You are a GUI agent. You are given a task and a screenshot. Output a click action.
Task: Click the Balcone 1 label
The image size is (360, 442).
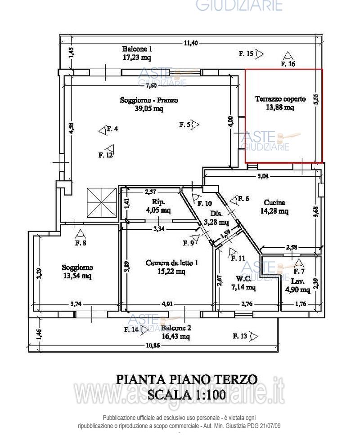137,49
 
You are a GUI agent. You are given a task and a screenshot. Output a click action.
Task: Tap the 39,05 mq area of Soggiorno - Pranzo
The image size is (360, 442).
148,108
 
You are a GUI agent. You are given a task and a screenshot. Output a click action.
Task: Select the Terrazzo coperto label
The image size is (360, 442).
280,99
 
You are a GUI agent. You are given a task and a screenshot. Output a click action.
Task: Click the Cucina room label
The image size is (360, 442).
274,202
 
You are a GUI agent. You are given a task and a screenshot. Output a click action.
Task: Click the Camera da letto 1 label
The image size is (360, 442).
172,263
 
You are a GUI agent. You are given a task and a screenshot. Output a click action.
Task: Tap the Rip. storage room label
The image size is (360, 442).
158,202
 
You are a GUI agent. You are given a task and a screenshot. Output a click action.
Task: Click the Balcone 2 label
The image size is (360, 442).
176,328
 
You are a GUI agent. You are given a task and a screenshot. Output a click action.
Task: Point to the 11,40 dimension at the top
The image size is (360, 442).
190,43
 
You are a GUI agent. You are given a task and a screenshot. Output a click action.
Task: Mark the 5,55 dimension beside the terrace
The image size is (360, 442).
316,100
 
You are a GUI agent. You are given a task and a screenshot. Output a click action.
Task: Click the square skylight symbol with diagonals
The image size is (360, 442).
101,202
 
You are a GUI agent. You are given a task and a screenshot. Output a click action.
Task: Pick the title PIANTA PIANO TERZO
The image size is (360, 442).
187,379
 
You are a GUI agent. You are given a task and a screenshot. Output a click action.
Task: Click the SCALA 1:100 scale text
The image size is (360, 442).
187,395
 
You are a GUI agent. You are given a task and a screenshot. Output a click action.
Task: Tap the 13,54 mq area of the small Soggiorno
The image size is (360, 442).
77,276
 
